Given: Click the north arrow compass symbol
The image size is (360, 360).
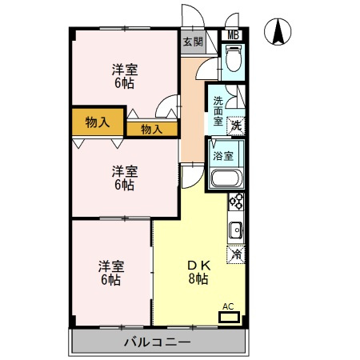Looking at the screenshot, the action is click(x=278, y=31).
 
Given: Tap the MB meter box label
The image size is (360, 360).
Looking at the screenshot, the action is click(x=233, y=35).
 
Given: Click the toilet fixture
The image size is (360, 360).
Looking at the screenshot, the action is click(x=234, y=58).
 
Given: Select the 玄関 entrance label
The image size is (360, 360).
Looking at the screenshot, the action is click(x=194, y=42).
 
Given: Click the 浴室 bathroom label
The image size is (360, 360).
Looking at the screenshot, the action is click(x=223, y=156).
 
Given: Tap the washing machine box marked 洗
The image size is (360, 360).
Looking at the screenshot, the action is click(x=236, y=126).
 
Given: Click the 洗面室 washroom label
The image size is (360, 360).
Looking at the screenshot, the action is click(x=218, y=111).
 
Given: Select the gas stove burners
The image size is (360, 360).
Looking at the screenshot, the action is click(x=236, y=202).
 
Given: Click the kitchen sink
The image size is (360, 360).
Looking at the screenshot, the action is click(x=236, y=230).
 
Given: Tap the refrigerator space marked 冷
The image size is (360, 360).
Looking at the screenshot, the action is click(x=236, y=254).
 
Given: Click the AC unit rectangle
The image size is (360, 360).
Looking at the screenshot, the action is click(x=229, y=317).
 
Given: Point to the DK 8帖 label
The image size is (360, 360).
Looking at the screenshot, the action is click(x=198, y=272).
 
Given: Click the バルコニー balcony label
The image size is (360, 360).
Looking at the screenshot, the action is click(x=158, y=342).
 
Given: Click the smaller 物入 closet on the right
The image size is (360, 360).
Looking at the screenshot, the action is click(x=152, y=130).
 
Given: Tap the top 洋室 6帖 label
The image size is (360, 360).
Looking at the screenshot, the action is click(x=125, y=76).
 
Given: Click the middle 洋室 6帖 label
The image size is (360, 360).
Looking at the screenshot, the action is click(x=125, y=178).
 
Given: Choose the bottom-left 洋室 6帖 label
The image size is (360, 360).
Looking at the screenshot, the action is click(x=111, y=273).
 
